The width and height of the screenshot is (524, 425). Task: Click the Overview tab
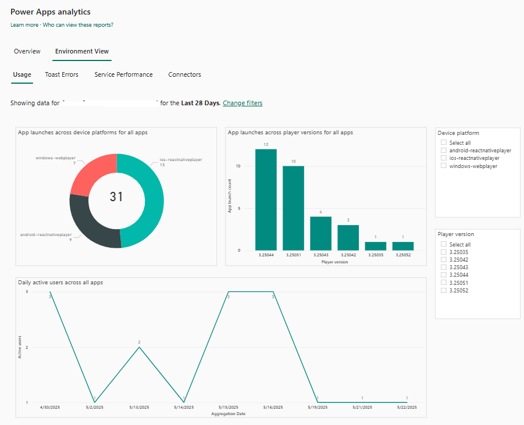click(x=27, y=51)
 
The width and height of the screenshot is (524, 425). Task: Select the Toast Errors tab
click(x=62, y=74)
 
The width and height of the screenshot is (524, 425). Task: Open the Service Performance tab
click(x=123, y=74)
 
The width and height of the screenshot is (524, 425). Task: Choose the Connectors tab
click(x=184, y=74)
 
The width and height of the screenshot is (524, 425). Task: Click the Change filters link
click(x=243, y=103)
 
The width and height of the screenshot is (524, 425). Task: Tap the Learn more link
click(x=24, y=25)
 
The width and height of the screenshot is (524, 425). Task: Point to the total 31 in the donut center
click(x=116, y=197)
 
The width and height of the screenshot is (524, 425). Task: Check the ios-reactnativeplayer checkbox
click(x=444, y=158)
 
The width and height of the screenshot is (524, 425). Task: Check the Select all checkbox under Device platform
click(x=444, y=142)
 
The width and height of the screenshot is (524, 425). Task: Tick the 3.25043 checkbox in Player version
click(x=444, y=267)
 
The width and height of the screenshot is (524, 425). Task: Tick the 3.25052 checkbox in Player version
click(x=444, y=290)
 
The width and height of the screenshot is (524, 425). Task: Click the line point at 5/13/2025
click(x=139, y=347)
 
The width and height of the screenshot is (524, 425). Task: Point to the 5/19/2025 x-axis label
click(x=318, y=408)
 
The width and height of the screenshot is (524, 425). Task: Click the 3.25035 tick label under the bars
click(x=376, y=255)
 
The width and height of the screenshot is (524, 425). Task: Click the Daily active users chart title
click(x=60, y=282)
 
